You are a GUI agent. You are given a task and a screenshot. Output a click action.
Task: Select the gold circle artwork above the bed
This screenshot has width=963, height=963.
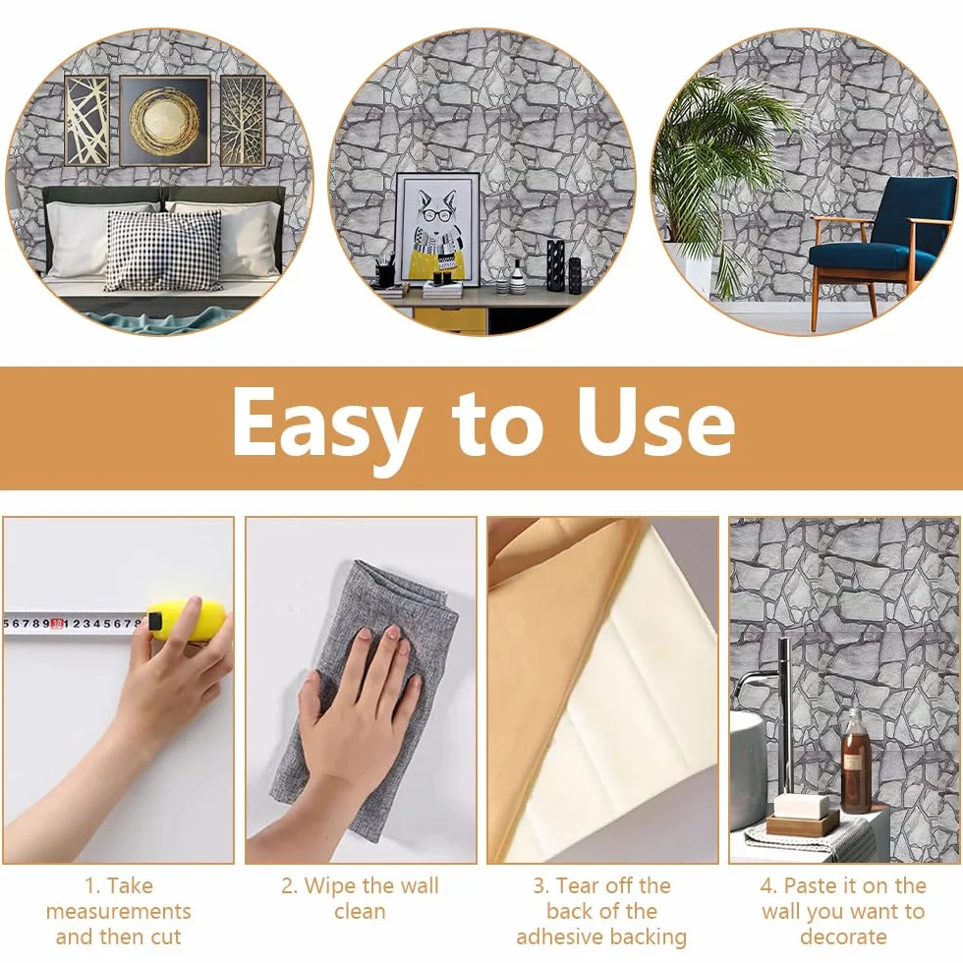coord(165,120)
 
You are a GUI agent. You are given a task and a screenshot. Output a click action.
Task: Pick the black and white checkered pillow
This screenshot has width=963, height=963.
coord(163,251)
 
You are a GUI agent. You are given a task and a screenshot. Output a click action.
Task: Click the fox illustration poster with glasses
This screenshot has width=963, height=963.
coord(437,229)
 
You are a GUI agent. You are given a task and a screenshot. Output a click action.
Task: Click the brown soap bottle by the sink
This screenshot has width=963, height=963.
coord(855,761)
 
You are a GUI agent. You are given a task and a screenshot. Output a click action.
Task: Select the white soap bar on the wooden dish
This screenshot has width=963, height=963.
coord(799,807)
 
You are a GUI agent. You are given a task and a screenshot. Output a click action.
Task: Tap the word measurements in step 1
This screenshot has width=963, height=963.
coord(119,912)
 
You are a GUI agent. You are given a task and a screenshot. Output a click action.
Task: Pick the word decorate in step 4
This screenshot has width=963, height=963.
coord(843,937)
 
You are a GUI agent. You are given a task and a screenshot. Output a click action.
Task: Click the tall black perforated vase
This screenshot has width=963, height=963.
coord(555,264)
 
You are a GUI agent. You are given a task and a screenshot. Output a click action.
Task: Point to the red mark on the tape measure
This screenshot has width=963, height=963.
coord(57,623)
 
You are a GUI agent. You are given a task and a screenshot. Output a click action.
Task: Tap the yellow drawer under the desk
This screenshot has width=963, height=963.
coord(449,319)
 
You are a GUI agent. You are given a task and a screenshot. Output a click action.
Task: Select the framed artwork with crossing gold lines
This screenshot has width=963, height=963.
coord(86,120)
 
